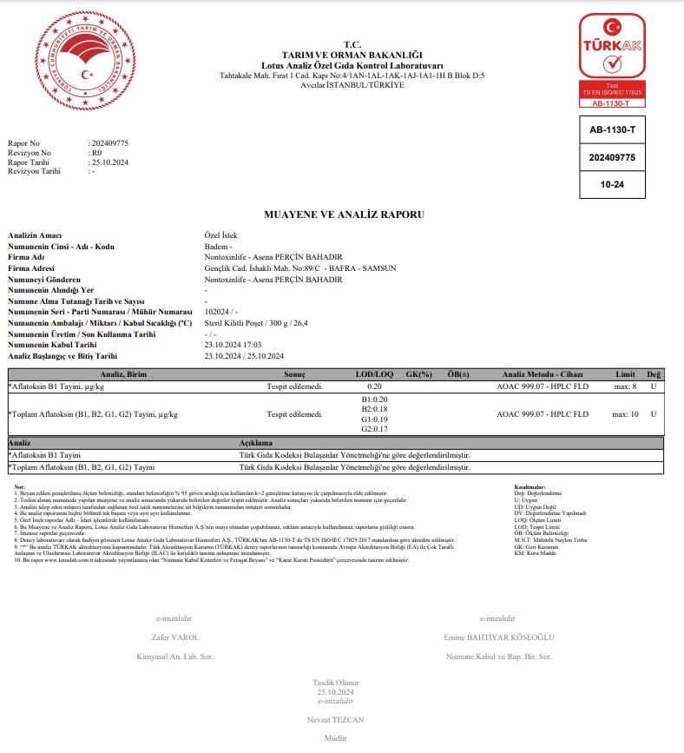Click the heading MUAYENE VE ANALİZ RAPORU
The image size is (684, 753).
[x=344, y=214]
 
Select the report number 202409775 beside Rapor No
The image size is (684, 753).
[x=109, y=142]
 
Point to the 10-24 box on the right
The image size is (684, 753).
[x=612, y=185]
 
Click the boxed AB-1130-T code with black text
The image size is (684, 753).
[x=612, y=130]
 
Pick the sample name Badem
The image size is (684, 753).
[x=216, y=247]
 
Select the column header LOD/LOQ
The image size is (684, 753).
[x=376, y=373]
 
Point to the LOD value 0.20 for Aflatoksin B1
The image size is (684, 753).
[x=375, y=386]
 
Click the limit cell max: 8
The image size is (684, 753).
[x=625, y=386]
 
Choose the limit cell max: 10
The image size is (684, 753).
[x=625, y=414]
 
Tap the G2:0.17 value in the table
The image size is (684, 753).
[x=374, y=429]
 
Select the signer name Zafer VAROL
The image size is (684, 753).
[x=175, y=637]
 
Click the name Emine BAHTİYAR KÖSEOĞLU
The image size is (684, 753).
[x=497, y=637]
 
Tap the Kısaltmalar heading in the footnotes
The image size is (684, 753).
[x=529, y=487]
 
